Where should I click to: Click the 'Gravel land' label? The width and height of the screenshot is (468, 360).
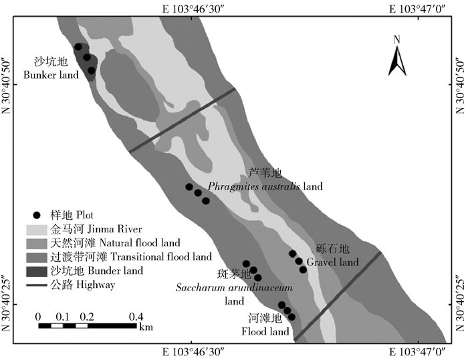coord(330,262)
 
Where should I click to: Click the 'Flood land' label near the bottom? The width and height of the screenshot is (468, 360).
coord(266,331)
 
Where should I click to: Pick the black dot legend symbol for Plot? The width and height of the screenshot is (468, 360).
coord(37,215)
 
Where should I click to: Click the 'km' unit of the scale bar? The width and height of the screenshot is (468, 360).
coord(146,327)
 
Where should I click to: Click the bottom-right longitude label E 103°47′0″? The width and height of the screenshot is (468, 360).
coord(418,351)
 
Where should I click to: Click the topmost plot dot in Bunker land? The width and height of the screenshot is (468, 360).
coord(78,47)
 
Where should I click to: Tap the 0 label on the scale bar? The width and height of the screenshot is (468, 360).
coord(38,316)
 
